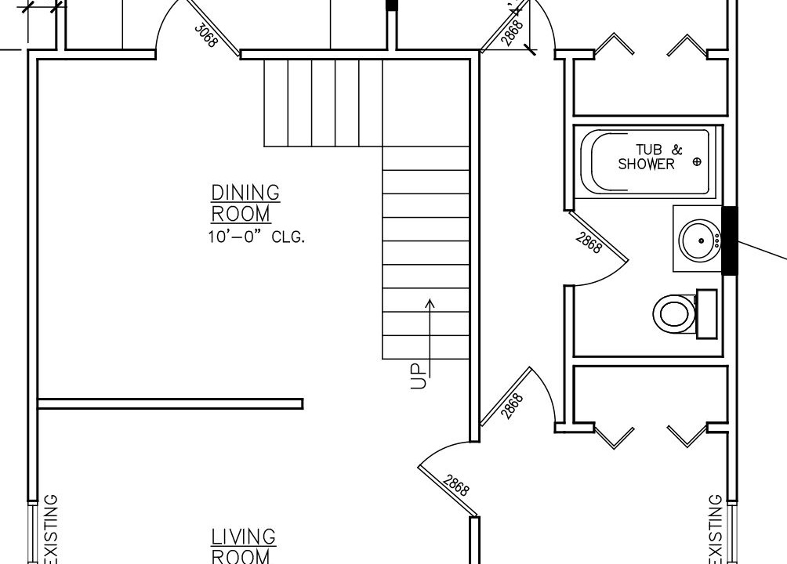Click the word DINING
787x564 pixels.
point(245,193)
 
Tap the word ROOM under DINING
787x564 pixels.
point(241,215)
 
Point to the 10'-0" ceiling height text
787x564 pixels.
point(235,237)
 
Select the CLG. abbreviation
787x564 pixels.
point(288,237)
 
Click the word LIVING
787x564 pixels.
point(244,537)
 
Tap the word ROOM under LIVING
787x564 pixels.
point(241,556)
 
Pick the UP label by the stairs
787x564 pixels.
point(419,376)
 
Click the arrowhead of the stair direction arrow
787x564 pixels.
point(430,302)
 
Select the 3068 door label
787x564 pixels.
point(206,35)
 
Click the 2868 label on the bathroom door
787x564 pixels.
point(588,243)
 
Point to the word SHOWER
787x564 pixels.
point(647,164)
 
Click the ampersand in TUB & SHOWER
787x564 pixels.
point(677,150)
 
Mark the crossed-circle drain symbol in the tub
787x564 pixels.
point(697,161)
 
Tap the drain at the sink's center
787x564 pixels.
point(702,240)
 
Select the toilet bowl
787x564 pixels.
point(673,313)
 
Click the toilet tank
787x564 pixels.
point(706,313)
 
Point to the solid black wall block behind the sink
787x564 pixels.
point(730,240)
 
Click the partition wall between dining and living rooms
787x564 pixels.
point(170,403)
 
